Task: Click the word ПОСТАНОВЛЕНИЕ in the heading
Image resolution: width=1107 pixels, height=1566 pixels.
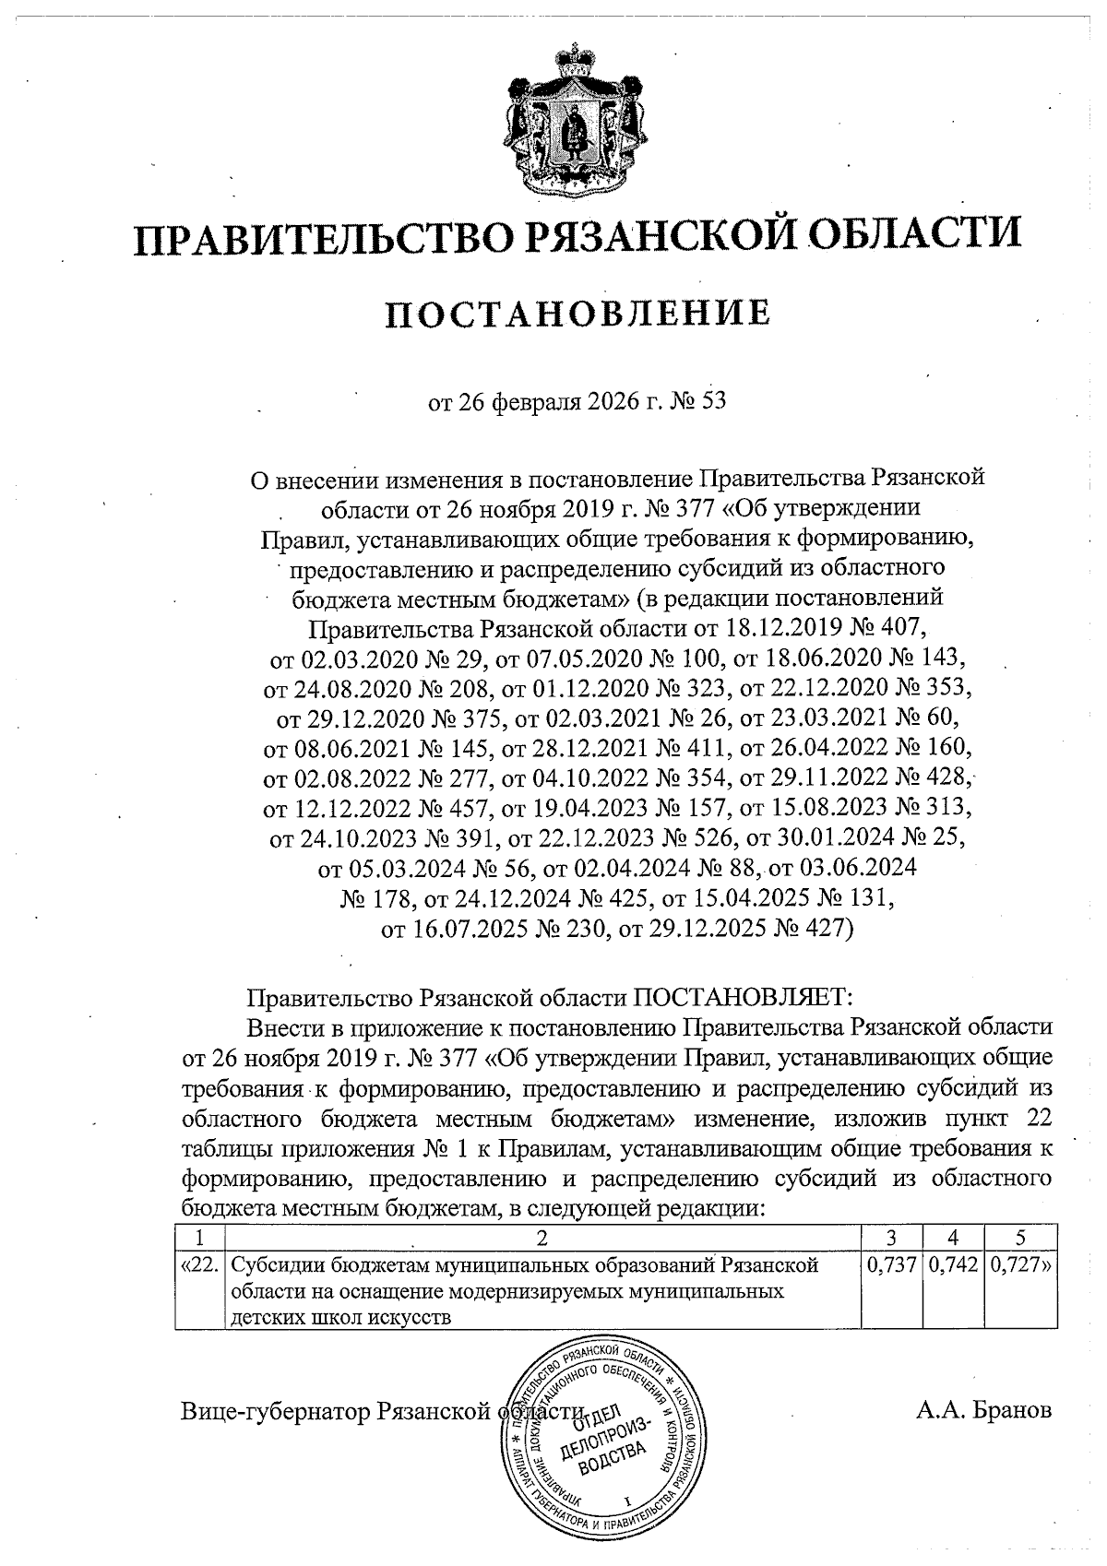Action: coord(577,314)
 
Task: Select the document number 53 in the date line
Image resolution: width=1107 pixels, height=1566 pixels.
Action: coord(715,403)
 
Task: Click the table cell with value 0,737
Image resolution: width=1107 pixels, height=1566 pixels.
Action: coord(892,1266)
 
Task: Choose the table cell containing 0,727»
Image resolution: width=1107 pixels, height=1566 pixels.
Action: coord(1020,1266)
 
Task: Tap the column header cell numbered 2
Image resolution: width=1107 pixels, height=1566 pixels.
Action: coord(542,1238)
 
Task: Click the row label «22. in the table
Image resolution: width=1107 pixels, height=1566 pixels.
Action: coord(199,1266)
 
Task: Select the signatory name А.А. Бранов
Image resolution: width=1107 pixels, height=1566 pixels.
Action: coord(983,1411)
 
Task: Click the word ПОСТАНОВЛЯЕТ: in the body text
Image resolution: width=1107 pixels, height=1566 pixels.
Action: coord(746,998)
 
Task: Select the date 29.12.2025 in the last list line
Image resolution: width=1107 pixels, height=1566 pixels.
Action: coord(697,928)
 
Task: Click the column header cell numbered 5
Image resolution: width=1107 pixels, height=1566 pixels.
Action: coord(1020,1238)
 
